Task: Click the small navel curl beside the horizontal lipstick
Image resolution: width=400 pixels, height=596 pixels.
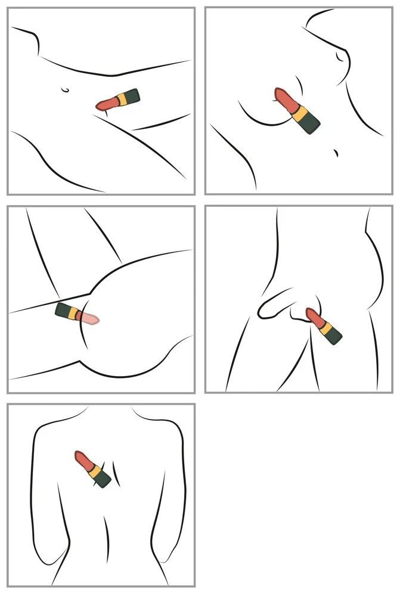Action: pos(66,90)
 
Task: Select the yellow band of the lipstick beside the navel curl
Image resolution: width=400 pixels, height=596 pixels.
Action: pos(121,98)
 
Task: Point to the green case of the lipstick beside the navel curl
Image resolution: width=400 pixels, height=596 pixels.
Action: pos(131,95)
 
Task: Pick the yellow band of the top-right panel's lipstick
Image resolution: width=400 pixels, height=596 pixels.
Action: pos(297,112)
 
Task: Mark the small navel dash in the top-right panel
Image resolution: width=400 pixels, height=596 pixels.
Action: pos(337,152)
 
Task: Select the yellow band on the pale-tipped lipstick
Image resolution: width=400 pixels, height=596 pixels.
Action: pos(75,314)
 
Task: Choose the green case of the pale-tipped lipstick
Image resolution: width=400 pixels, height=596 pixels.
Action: pos(64,310)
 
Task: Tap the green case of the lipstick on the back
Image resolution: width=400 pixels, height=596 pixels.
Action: pos(103,478)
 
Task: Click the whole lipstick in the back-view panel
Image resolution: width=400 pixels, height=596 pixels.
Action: pos(93,469)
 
